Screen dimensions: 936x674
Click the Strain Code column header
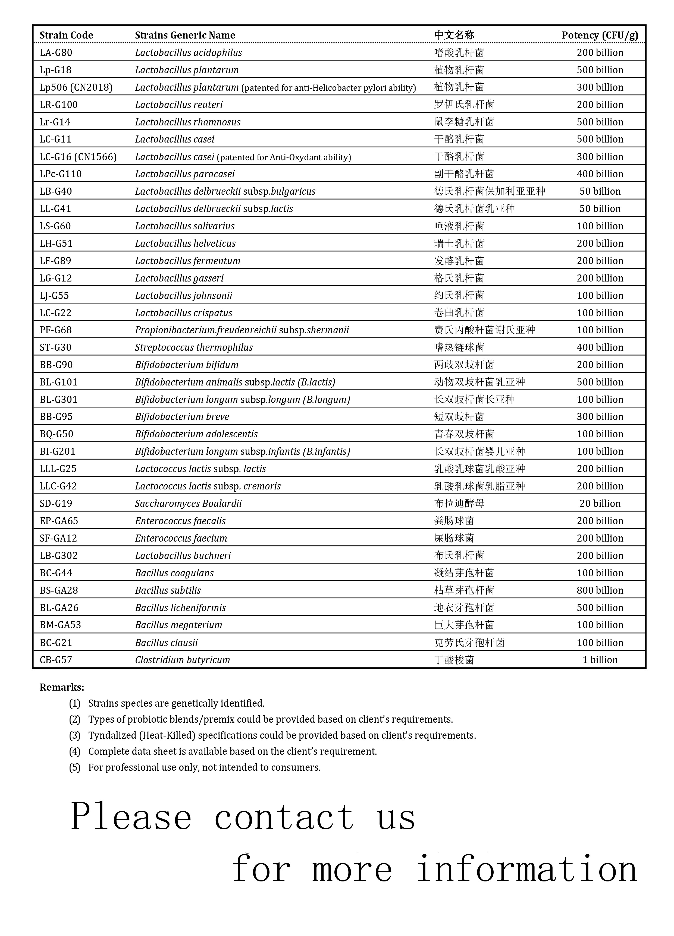[x=66, y=35]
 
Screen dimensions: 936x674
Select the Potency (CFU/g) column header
[x=600, y=35]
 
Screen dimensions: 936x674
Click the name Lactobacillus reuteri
[x=179, y=105]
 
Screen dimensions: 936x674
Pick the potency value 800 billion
[x=600, y=590]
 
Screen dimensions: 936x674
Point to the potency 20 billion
[x=600, y=504]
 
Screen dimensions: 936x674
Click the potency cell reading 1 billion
[x=600, y=659]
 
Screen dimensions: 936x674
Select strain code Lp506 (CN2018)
[x=76, y=87]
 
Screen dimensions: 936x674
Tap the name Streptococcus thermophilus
[x=194, y=347]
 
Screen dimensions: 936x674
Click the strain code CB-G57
[x=56, y=659]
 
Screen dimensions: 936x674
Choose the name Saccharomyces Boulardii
[x=188, y=504]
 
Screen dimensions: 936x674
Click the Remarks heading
[x=62, y=687]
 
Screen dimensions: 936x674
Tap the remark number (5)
[x=75, y=767]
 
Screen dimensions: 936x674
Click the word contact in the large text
[x=284, y=817]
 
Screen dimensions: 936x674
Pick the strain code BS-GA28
[x=59, y=590]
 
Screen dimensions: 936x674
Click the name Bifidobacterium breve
[x=182, y=416]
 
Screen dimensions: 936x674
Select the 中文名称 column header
[x=454, y=35]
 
